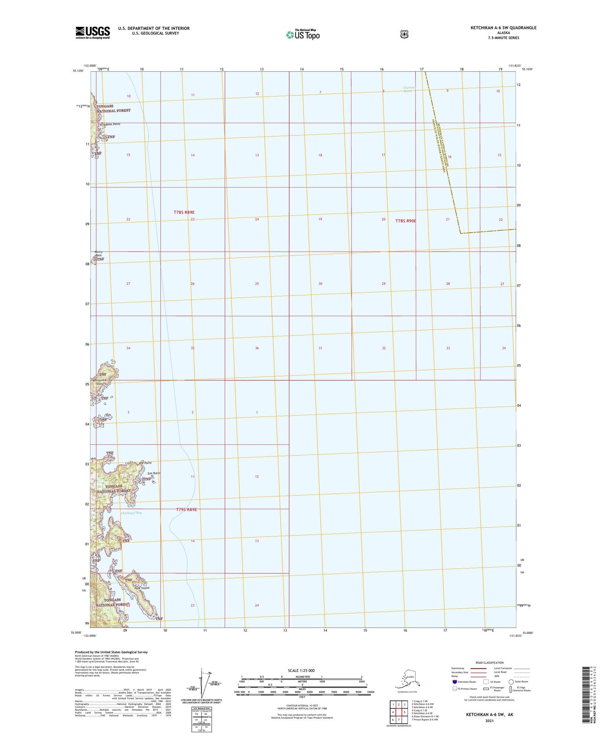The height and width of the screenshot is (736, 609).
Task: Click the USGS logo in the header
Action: click(x=93, y=32)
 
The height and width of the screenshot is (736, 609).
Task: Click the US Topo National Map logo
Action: click(x=303, y=34)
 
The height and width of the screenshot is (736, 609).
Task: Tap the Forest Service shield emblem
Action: click(x=404, y=34)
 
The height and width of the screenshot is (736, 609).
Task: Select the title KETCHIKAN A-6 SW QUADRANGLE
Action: click(x=503, y=28)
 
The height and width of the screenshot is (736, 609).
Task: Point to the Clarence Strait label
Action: click(x=409, y=89)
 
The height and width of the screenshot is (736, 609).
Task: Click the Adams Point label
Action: click(x=110, y=124)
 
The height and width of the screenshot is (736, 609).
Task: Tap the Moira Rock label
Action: click(x=98, y=253)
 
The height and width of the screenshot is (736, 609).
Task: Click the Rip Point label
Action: click(x=145, y=463)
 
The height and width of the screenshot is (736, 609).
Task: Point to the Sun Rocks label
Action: click(x=154, y=473)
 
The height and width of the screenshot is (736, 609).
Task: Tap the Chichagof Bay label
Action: click(x=131, y=513)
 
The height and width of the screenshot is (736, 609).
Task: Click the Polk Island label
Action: click(x=142, y=588)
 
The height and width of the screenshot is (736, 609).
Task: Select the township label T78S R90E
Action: click(x=405, y=221)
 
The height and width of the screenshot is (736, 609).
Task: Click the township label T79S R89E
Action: click(x=186, y=510)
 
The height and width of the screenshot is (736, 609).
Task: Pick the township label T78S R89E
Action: click(x=184, y=212)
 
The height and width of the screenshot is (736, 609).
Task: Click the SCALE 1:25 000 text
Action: click(x=301, y=670)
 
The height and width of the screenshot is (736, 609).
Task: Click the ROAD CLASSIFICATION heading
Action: click(x=489, y=663)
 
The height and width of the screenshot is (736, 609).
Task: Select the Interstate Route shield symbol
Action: click(x=454, y=682)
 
